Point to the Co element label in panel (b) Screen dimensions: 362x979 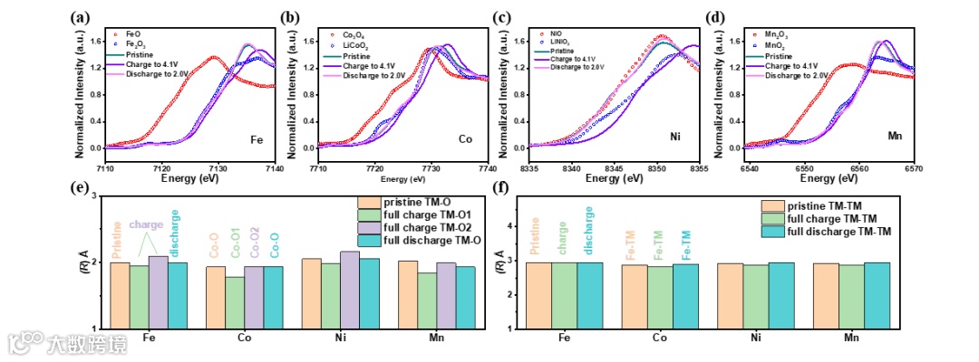tap(464, 139)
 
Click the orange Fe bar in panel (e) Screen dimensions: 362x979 tap(120, 295)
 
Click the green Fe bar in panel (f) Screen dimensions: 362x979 tap(564, 295)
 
